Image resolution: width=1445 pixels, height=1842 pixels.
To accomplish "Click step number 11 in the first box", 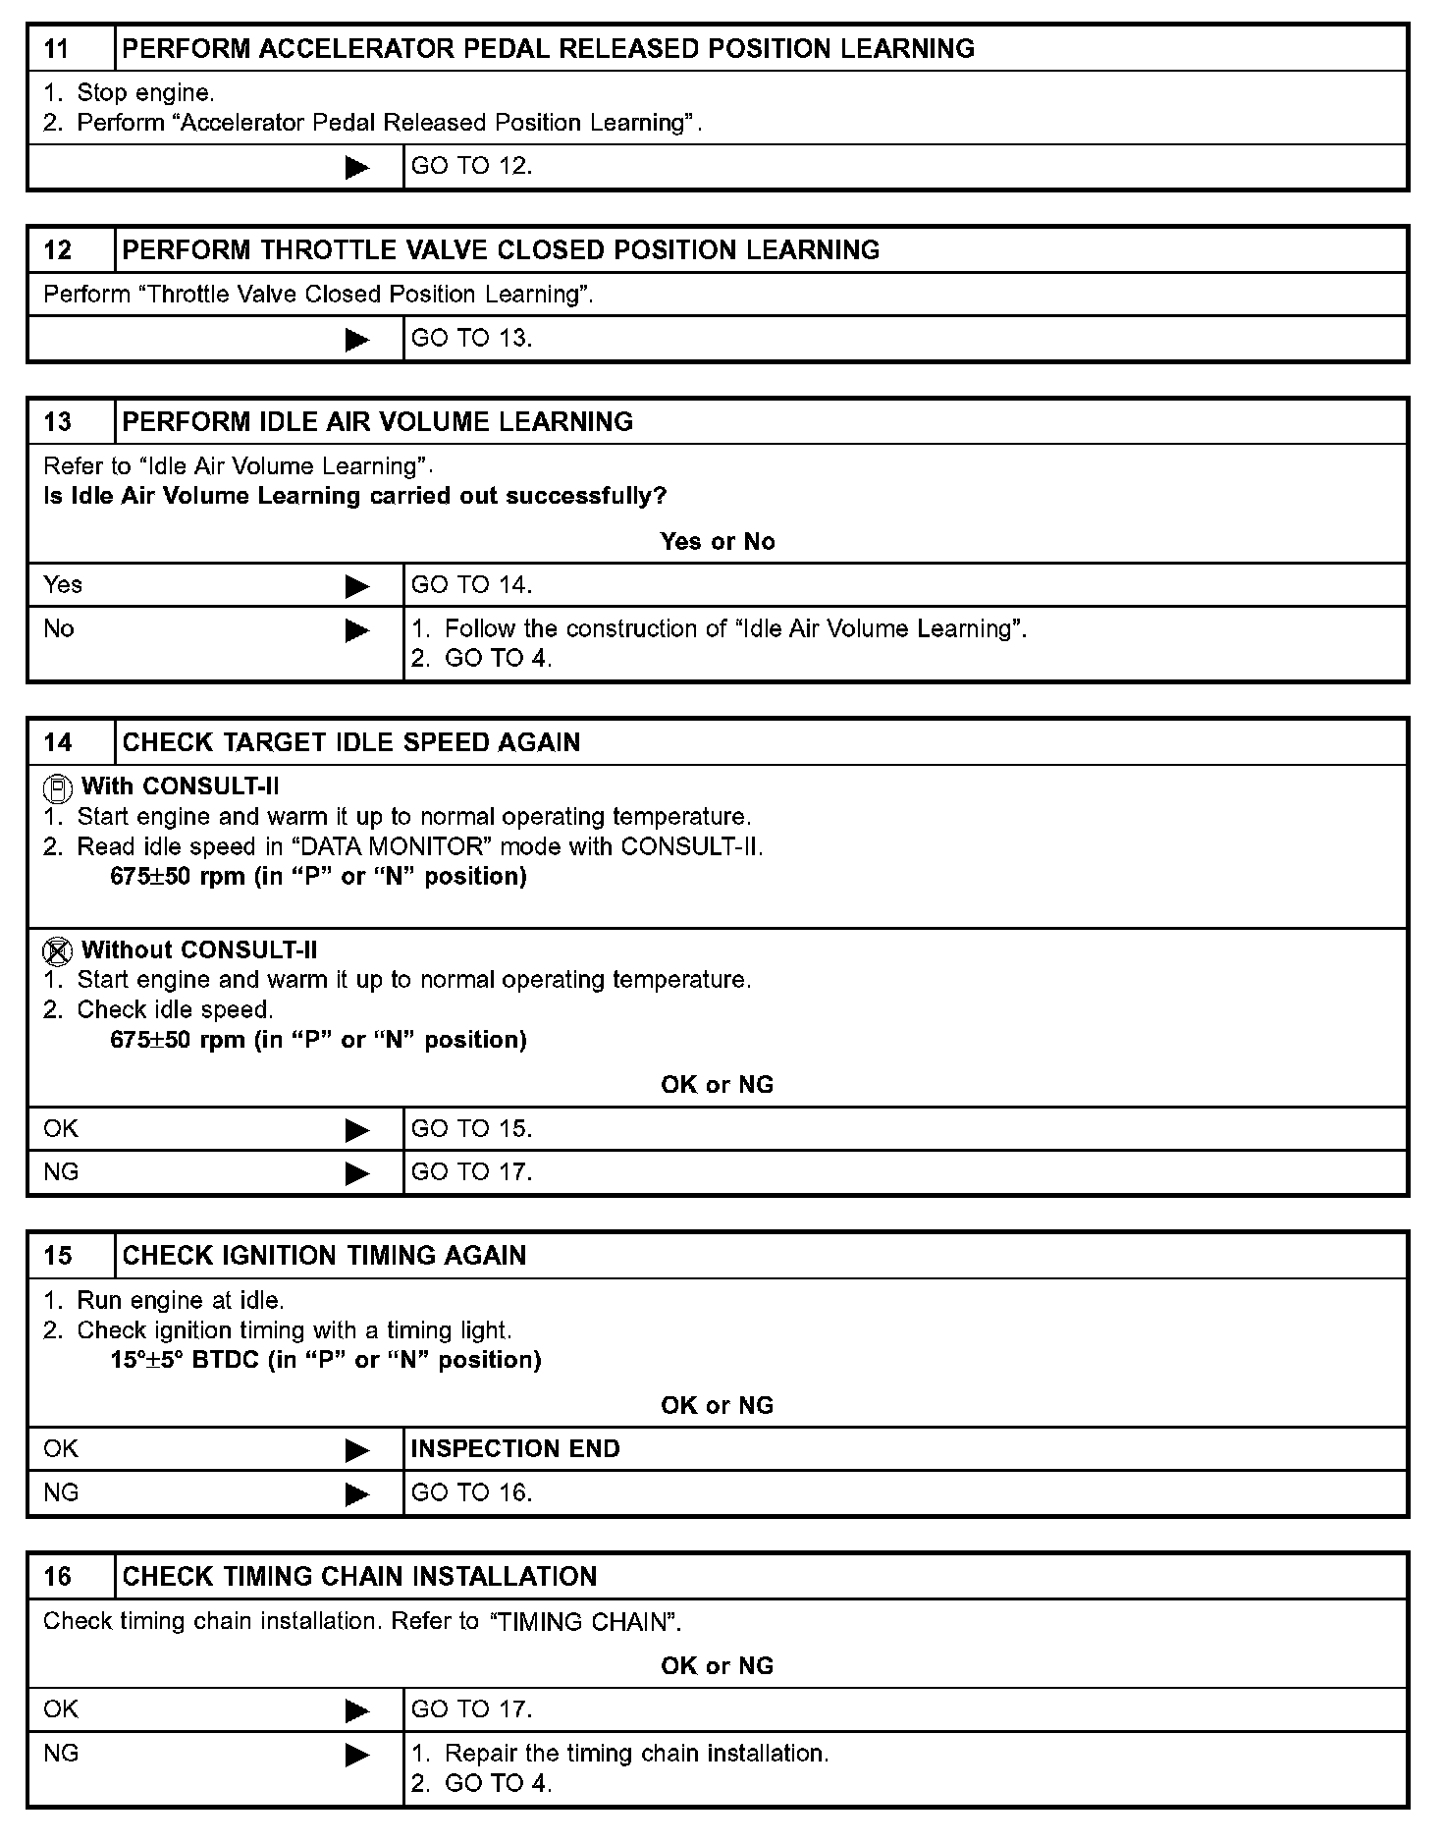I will click(58, 49).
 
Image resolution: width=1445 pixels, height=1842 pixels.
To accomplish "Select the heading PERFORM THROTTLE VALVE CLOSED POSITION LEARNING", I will click(501, 250).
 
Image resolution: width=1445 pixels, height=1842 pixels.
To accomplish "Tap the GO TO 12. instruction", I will click(471, 166).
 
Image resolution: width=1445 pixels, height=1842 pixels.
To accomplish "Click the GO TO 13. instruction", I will click(471, 339).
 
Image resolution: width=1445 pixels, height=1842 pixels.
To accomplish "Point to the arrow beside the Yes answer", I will click(357, 586).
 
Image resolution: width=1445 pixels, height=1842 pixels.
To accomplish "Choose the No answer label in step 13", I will click(59, 629).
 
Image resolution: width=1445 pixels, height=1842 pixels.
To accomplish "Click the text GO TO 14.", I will click(471, 585).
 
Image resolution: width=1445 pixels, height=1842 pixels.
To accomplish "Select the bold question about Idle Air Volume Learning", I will click(355, 496).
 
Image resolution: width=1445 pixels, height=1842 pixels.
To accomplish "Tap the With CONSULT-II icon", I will click(58, 787).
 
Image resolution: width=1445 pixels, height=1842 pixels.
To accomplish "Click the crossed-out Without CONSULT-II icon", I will click(58, 950).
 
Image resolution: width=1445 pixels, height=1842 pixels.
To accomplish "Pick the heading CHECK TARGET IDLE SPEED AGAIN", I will click(351, 742).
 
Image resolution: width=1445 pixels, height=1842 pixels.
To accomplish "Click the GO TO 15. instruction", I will click(471, 1129).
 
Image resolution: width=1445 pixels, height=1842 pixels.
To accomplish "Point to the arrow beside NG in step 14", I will click(357, 1173).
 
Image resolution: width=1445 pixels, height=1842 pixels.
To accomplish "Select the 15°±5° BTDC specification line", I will click(326, 1360).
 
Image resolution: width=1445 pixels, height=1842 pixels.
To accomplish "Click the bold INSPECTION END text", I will click(515, 1449).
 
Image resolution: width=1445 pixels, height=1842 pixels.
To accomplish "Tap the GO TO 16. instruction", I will click(471, 1493).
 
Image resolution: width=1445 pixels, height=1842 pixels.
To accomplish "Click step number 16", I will click(58, 1577).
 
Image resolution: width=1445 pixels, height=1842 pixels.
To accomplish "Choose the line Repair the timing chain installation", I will click(636, 1754).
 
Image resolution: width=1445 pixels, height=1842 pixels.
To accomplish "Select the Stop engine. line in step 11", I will click(145, 93).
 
